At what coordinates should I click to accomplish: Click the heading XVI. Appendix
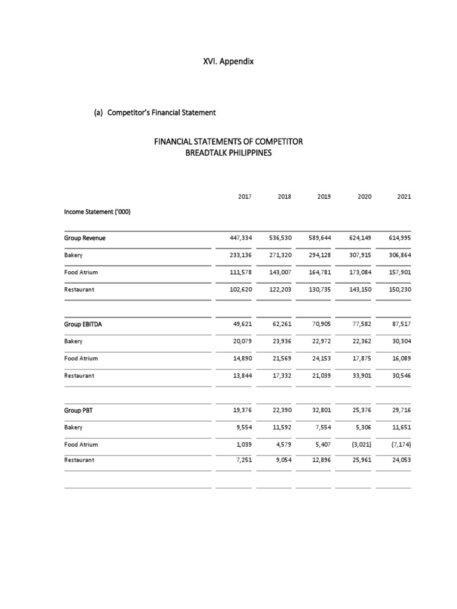point(228,61)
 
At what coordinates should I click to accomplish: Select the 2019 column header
point(324,196)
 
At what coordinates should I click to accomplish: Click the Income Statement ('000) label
point(94,211)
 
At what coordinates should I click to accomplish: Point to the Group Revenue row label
point(84,238)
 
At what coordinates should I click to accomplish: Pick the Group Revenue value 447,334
point(240,238)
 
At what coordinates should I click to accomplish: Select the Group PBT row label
point(79,410)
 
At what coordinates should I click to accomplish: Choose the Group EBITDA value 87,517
point(399,325)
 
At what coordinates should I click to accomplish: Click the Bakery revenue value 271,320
point(280,255)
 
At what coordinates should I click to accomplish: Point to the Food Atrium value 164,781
point(319,272)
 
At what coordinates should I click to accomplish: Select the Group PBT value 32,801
point(320,410)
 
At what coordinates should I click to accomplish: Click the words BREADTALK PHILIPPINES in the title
point(228,153)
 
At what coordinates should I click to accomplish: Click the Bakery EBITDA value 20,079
point(242,342)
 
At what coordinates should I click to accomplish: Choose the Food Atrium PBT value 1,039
point(243,444)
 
